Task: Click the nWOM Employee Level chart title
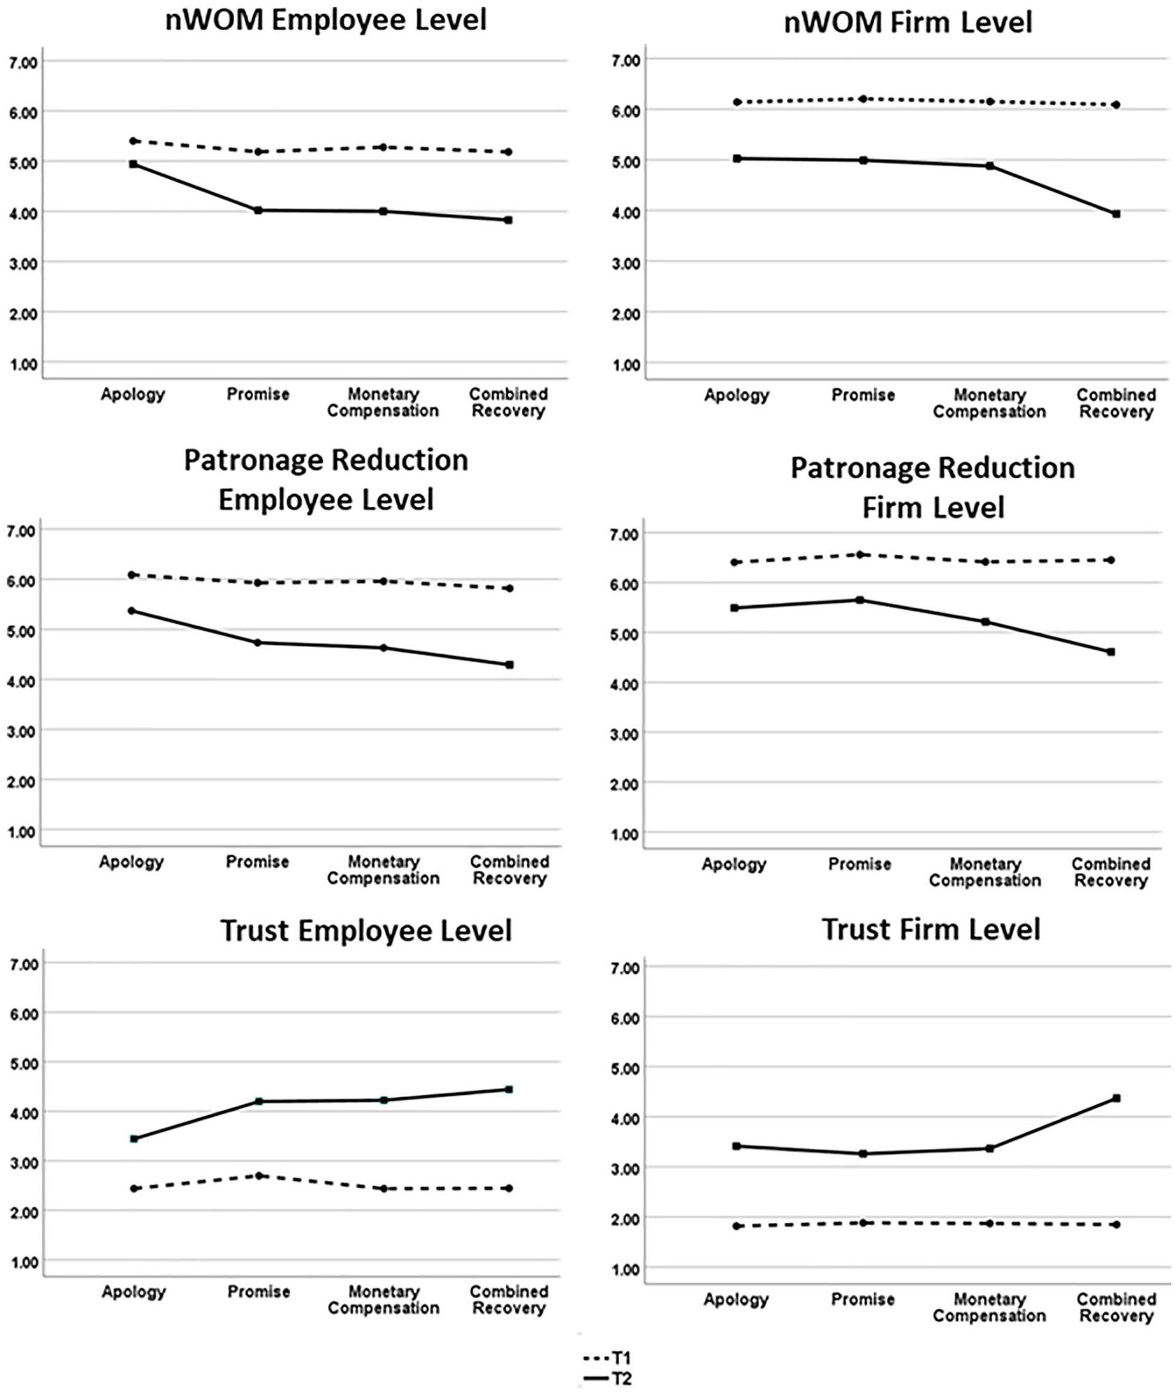point(327,20)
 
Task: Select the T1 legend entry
point(606,1358)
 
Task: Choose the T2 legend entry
point(606,1379)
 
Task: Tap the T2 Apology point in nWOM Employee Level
point(133,164)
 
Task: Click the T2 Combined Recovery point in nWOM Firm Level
point(1116,214)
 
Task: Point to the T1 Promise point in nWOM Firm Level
point(863,99)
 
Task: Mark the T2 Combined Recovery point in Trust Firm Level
point(1116,1098)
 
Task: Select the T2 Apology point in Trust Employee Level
point(134,1139)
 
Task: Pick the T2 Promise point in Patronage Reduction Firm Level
point(860,600)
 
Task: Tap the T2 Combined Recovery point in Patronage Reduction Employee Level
point(510,664)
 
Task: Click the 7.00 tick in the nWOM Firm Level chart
point(625,60)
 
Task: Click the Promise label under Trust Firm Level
point(863,1299)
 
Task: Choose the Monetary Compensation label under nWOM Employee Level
point(383,402)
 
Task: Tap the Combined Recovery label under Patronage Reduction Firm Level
point(1111,872)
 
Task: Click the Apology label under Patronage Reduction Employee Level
point(132,862)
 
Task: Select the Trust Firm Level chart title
point(931,929)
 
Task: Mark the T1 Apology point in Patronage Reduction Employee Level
point(132,574)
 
